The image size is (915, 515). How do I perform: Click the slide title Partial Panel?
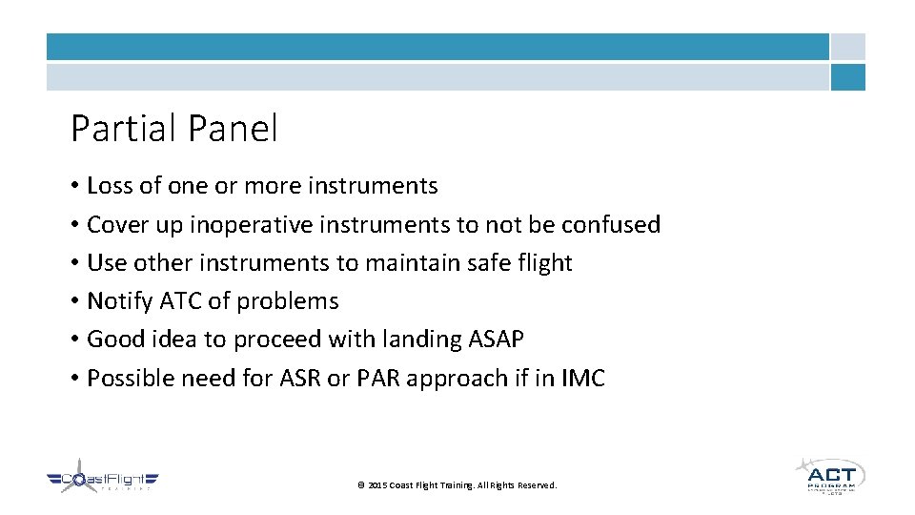click(174, 129)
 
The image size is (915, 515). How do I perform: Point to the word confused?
click(610, 225)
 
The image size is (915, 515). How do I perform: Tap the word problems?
click(288, 301)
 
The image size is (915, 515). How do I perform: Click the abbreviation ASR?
click(299, 379)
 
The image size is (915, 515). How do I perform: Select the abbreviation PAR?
click(379, 379)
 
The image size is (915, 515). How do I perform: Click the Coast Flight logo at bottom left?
click(103, 482)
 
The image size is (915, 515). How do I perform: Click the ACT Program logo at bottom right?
click(830, 475)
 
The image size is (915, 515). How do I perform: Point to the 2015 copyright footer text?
click(457, 485)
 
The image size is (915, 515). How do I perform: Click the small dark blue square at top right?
click(847, 77)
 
